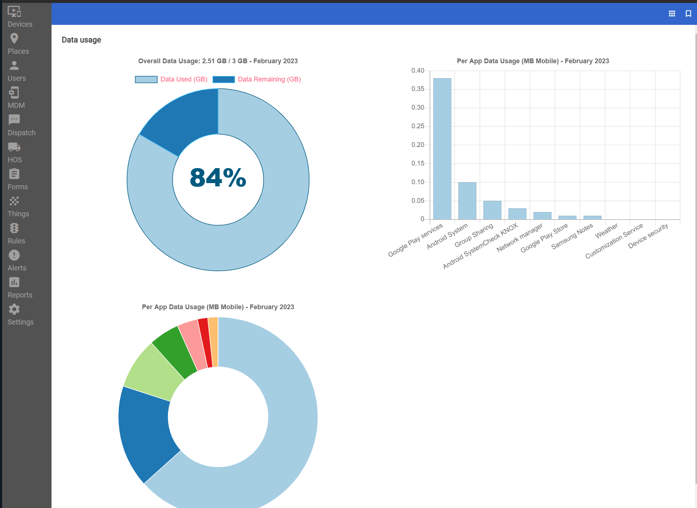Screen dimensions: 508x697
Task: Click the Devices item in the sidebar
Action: coord(20,17)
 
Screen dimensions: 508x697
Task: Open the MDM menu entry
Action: coord(16,98)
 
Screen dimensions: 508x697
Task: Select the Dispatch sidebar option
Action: coord(21,125)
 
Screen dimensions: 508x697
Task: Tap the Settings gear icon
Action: coord(14,309)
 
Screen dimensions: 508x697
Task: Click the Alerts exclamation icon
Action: coord(14,255)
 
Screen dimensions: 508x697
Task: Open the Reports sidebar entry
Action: coord(20,288)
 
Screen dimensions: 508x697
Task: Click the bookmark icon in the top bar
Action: coord(688,14)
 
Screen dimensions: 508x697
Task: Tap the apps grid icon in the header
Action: coord(672,14)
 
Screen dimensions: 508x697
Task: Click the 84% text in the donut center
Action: coord(218,178)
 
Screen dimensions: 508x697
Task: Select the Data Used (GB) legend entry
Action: coord(171,79)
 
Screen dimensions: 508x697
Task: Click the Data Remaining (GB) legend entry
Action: coord(257,79)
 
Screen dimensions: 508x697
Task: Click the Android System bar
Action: coord(467,201)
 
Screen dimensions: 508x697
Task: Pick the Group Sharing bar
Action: coord(492,211)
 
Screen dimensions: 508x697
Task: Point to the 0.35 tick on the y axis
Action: coord(418,89)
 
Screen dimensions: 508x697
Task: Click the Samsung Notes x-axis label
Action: coord(572,237)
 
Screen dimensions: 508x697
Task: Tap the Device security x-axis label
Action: coord(648,236)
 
